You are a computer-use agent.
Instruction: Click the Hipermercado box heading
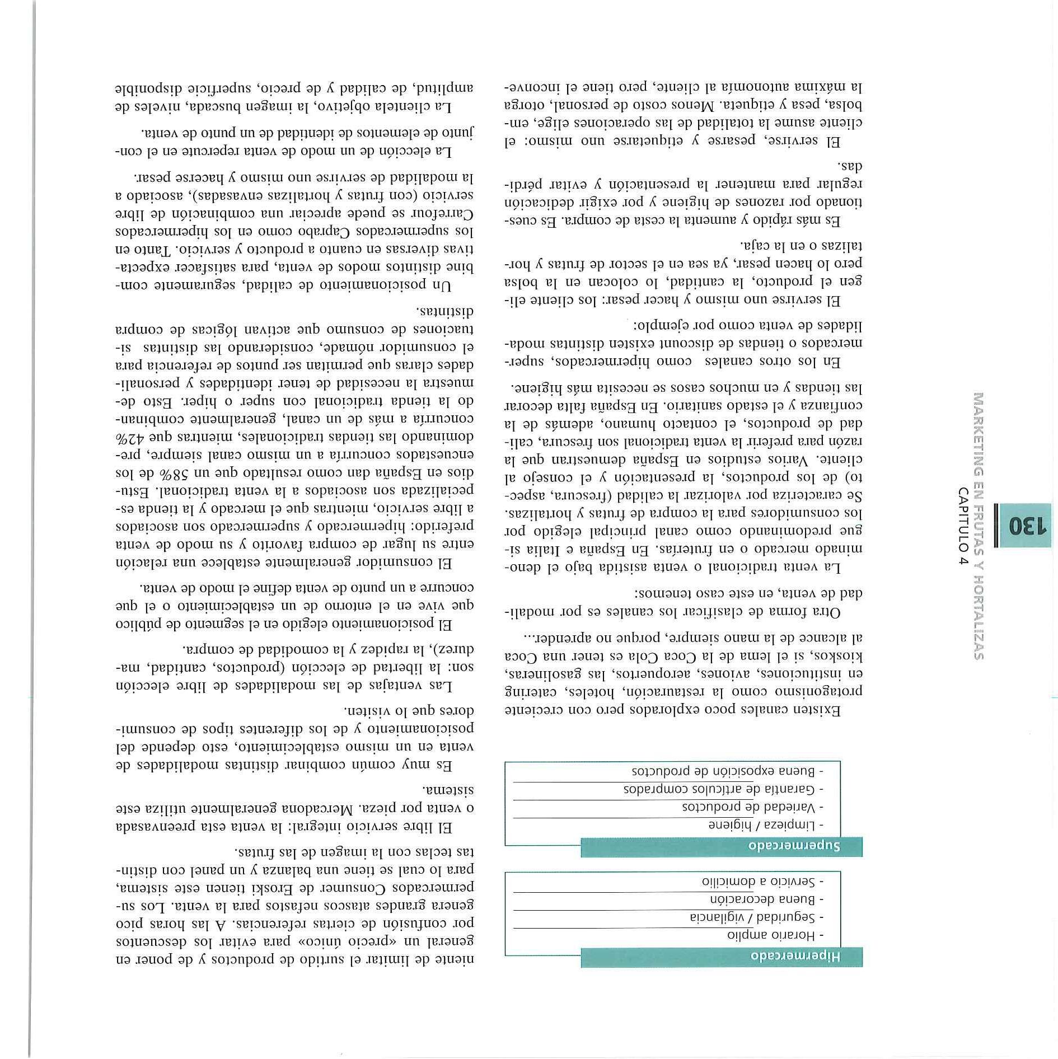tap(795, 956)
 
